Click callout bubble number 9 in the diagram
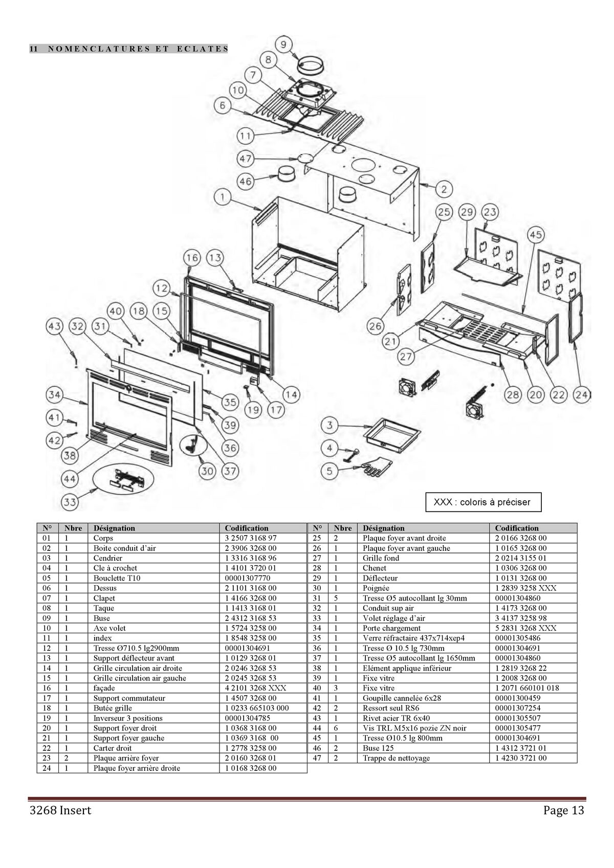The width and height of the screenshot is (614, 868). (x=284, y=44)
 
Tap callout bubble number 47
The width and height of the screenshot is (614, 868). (x=246, y=159)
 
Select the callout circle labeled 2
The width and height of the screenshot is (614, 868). (x=444, y=189)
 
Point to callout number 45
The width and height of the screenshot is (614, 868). (x=535, y=235)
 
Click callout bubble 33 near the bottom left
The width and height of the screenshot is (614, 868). (x=70, y=502)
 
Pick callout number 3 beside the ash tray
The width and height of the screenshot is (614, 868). (x=330, y=425)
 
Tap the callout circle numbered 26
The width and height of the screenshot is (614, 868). (x=376, y=325)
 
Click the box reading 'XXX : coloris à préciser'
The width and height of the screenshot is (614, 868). (x=483, y=502)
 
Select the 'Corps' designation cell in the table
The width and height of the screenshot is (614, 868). (x=103, y=538)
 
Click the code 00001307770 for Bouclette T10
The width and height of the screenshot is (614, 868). (x=247, y=578)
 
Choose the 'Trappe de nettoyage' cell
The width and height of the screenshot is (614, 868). (x=396, y=758)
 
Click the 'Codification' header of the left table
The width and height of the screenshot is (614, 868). (x=247, y=528)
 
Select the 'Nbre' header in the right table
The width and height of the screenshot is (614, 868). (x=343, y=528)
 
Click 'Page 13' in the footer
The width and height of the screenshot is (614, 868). (x=563, y=810)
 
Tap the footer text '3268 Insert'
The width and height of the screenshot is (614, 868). (x=60, y=810)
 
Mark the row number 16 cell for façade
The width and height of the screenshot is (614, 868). (x=47, y=688)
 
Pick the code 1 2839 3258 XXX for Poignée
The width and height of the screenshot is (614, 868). (x=525, y=588)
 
